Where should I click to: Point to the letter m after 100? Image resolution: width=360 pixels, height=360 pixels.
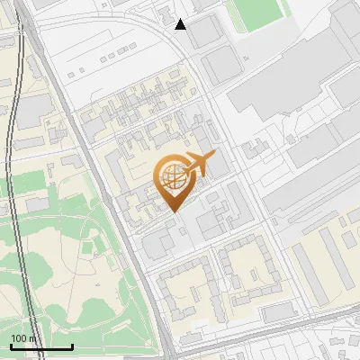(x=32, y=338)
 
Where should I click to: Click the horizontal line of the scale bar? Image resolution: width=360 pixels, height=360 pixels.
(x=41, y=346)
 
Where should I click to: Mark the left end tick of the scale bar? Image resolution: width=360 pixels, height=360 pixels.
(x=11, y=345)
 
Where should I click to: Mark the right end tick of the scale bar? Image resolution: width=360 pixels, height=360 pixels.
(x=72, y=345)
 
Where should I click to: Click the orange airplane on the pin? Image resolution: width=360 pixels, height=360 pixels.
(x=200, y=164)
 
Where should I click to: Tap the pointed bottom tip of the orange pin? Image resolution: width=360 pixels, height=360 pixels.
(x=173, y=211)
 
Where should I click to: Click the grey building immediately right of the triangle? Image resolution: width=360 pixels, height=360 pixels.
(x=204, y=32)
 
